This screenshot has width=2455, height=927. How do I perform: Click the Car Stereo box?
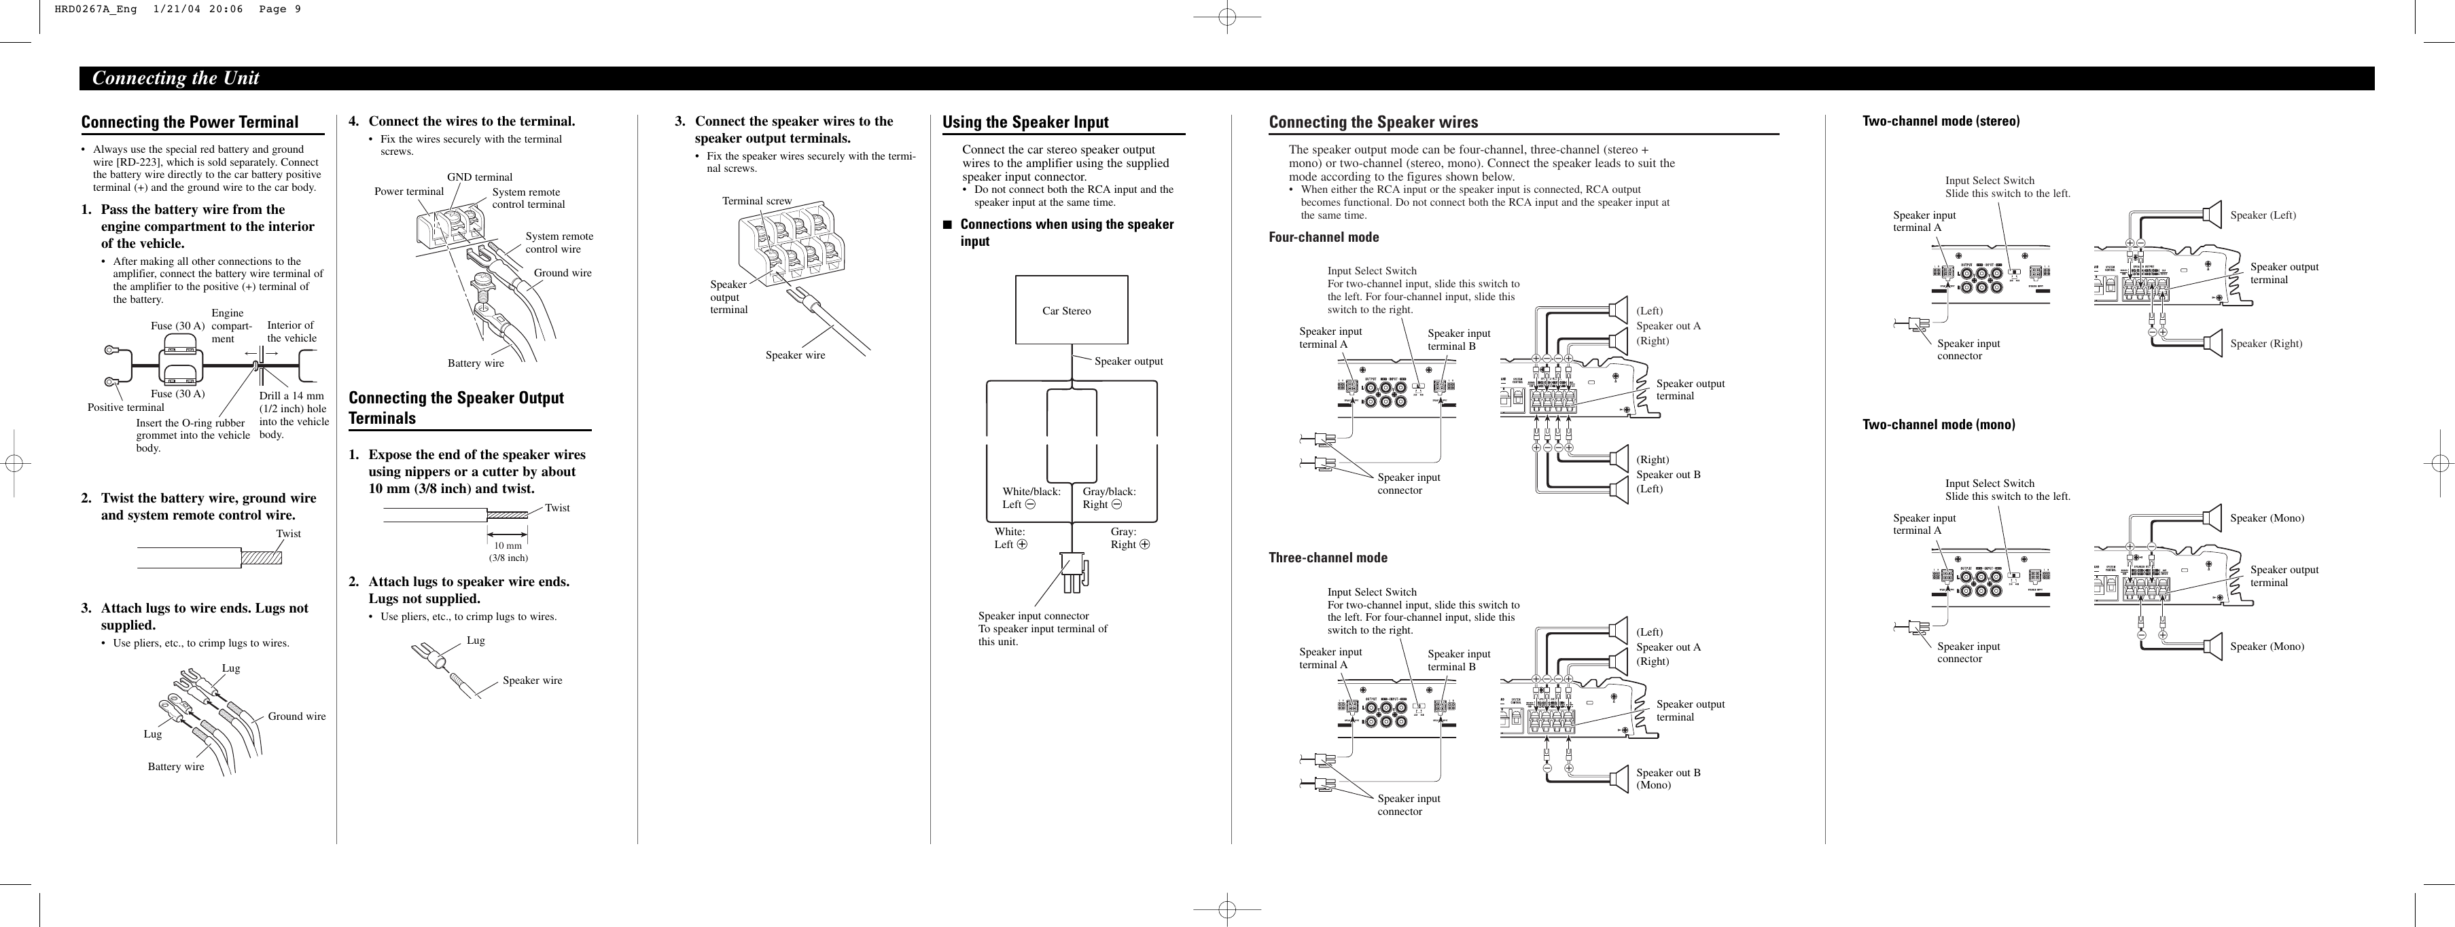[1071, 310]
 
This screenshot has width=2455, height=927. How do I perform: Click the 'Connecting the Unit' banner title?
[175, 78]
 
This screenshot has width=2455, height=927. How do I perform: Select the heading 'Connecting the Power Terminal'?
[190, 122]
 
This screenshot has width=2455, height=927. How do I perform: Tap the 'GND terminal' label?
[479, 177]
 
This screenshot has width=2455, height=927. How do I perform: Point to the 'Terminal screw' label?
[757, 201]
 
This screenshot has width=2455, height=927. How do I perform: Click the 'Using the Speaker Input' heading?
[1025, 122]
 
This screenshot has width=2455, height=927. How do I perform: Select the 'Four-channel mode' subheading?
[1323, 237]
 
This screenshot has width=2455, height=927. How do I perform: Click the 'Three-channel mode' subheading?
[1328, 558]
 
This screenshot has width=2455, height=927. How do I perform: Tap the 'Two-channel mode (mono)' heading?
[1939, 425]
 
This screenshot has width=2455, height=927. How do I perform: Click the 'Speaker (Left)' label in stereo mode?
[2263, 215]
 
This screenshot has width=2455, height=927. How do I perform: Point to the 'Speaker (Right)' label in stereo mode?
[2265, 344]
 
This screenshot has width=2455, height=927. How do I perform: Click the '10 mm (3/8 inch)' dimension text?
[508, 551]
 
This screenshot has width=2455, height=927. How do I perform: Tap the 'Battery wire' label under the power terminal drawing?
[476, 363]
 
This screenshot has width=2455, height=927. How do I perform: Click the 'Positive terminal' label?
[126, 407]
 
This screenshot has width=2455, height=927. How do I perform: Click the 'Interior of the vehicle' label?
[292, 331]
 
